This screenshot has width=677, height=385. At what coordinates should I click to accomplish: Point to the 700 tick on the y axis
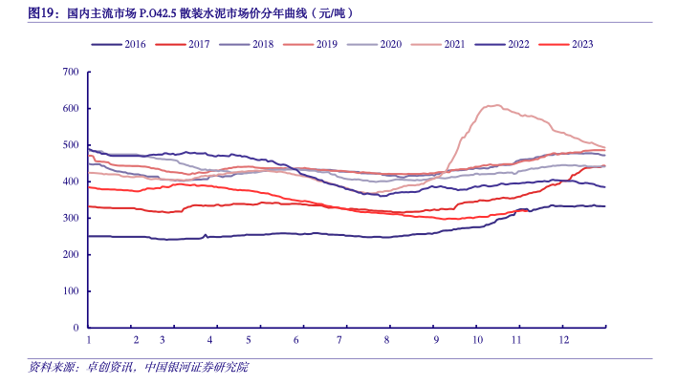coord(70,72)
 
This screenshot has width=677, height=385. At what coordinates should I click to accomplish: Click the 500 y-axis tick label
coord(70,145)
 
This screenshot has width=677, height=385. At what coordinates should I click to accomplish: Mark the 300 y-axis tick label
coord(70,218)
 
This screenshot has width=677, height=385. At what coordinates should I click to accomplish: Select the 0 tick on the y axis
coord(76,328)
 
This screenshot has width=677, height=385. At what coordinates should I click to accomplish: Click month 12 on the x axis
coord(563,340)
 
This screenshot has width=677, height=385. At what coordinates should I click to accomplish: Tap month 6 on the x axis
coord(296,340)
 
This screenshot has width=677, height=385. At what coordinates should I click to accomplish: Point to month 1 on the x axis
coord(88,340)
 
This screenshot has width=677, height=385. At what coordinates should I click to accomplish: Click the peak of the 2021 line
coord(494,105)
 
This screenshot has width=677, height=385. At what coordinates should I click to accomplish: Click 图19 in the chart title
coord(41,13)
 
